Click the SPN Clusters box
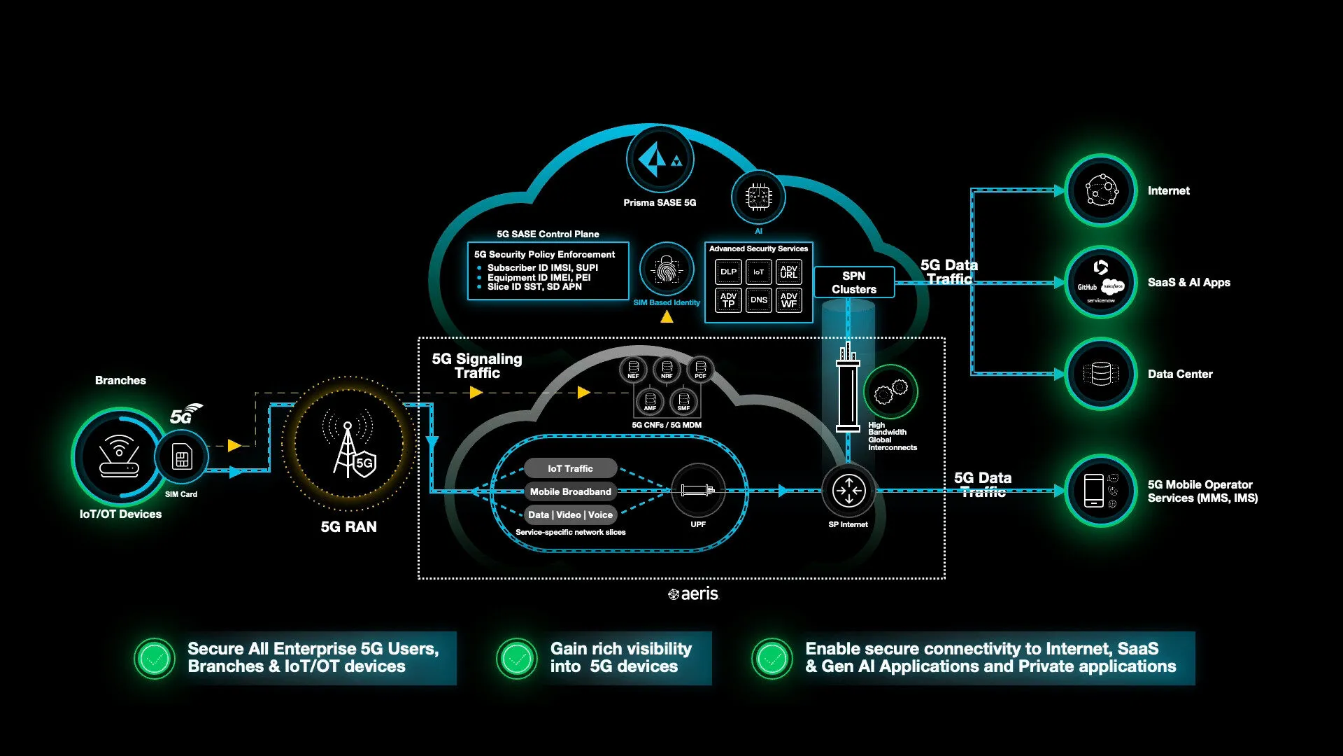[x=853, y=283]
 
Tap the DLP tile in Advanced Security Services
[x=728, y=272]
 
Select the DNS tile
[x=758, y=300]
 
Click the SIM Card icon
[x=182, y=458]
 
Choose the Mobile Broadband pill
[x=570, y=491]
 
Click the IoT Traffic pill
[x=570, y=468]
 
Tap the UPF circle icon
[x=697, y=490]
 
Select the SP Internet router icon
[x=848, y=491]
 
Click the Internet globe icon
[x=1101, y=190]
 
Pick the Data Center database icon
[x=1101, y=374]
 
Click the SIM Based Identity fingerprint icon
[x=667, y=270]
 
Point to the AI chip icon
[x=758, y=197]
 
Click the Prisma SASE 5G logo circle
[x=659, y=160]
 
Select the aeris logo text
[x=694, y=594]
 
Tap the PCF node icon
[x=700, y=369]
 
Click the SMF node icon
[x=683, y=401]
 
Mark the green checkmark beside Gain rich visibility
[x=517, y=658]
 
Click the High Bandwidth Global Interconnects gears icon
[x=890, y=391]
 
